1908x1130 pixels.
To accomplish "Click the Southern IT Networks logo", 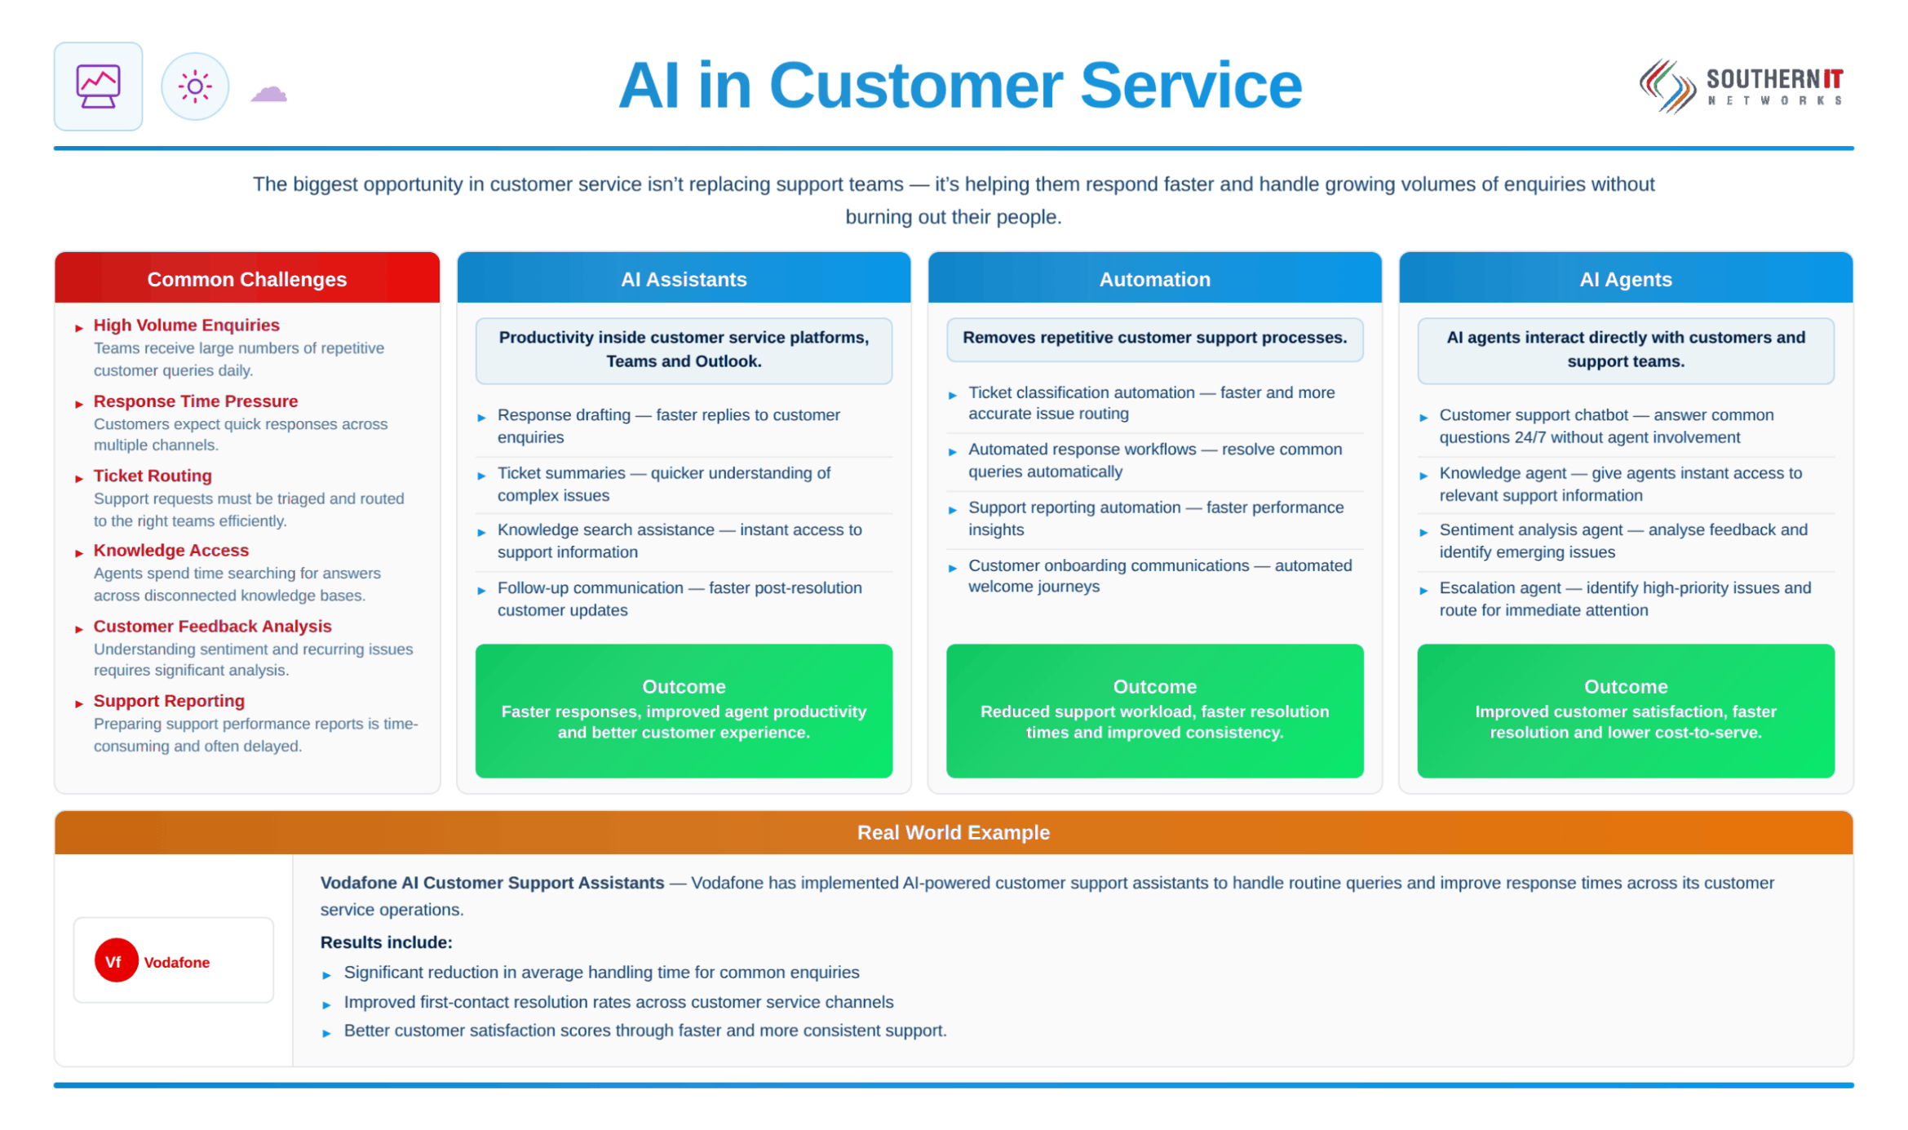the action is [x=1741, y=86].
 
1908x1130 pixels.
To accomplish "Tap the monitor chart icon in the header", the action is [x=98, y=86].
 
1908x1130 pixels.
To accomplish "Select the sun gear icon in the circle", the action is [x=195, y=86].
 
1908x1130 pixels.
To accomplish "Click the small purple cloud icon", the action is [x=268, y=94].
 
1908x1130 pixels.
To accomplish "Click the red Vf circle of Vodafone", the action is [x=116, y=960].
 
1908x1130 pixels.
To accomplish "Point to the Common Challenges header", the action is [x=247, y=279].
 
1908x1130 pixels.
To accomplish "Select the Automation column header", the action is [x=1154, y=279].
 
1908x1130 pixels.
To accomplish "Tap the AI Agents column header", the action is [x=1625, y=279].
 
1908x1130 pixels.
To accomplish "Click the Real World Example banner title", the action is [x=953, y=832].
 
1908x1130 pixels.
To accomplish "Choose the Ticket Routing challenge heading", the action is [x=153, y=476].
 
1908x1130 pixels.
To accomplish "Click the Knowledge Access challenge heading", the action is [x=171, y=551].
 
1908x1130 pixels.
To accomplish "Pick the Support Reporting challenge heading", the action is [x=169, y=701].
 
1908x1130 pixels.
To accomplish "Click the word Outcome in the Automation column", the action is [x=1154, y=686].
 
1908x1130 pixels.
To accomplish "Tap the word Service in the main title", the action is [x=1191, y=86].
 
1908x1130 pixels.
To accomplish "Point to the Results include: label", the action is [x=386, y=942].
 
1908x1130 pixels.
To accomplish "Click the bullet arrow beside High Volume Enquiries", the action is [x=79, y=328].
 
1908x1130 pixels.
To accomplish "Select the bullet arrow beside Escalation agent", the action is [x=1423, y=591].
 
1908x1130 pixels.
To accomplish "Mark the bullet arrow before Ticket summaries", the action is [x=481, y=476].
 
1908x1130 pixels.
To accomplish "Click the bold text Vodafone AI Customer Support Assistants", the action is [x=492, y=883].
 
